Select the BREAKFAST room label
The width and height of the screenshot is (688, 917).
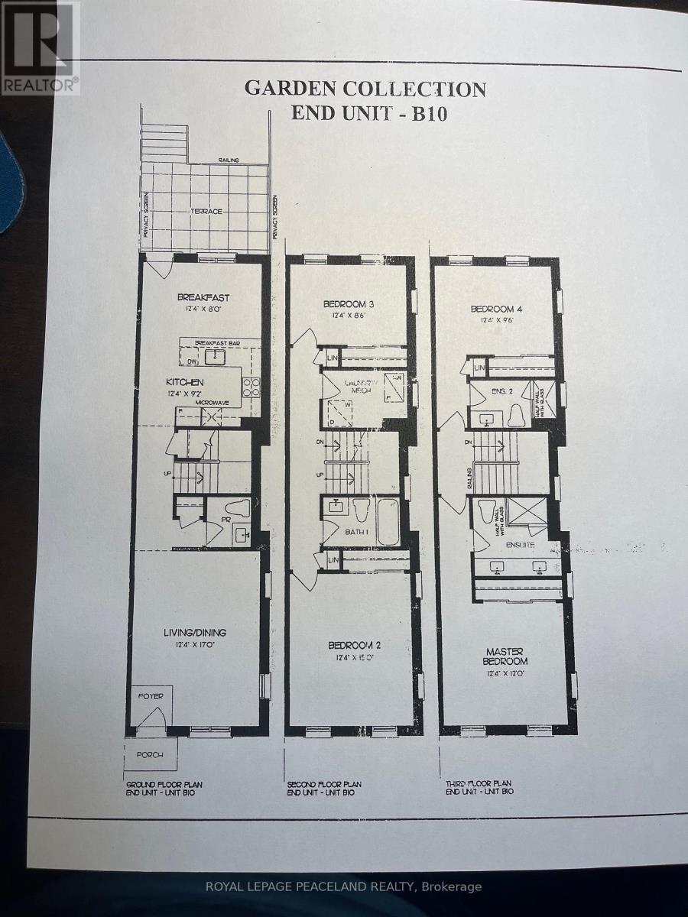(x=203, y=297)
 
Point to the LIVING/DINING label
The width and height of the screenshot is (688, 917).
(x=194, y=632)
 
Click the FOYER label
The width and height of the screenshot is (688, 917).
(x=150, y=696)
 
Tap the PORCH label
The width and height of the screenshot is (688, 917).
(x=151, y=755)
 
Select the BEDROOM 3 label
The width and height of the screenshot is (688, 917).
(x=352, y=304)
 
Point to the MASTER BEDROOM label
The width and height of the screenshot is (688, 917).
(x=505, y=656)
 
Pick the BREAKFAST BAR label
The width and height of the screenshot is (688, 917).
(x=219, y=343)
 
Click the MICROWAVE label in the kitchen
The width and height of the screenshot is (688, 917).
(x=213, y=402)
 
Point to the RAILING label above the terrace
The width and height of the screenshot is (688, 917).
(x=229, y=160)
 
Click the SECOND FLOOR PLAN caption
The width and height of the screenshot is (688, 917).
(x=324, y=784)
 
